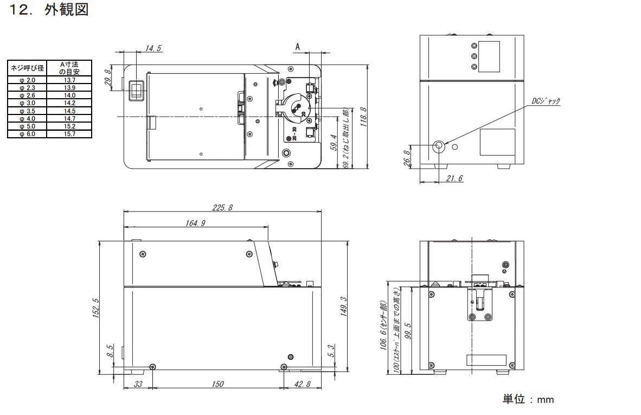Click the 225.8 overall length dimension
click(x=222, y=207)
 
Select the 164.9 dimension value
click(x=195, y=223)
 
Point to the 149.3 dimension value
click(x=344, y=307)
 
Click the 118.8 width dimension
click(x=363, y=117)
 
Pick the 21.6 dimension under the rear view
click(x=454, y=178)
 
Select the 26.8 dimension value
click(x=407, y=158)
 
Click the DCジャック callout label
click(x=546, y=101)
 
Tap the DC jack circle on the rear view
click(x=439, y=145)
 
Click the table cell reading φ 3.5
click(x=28, y=111)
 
